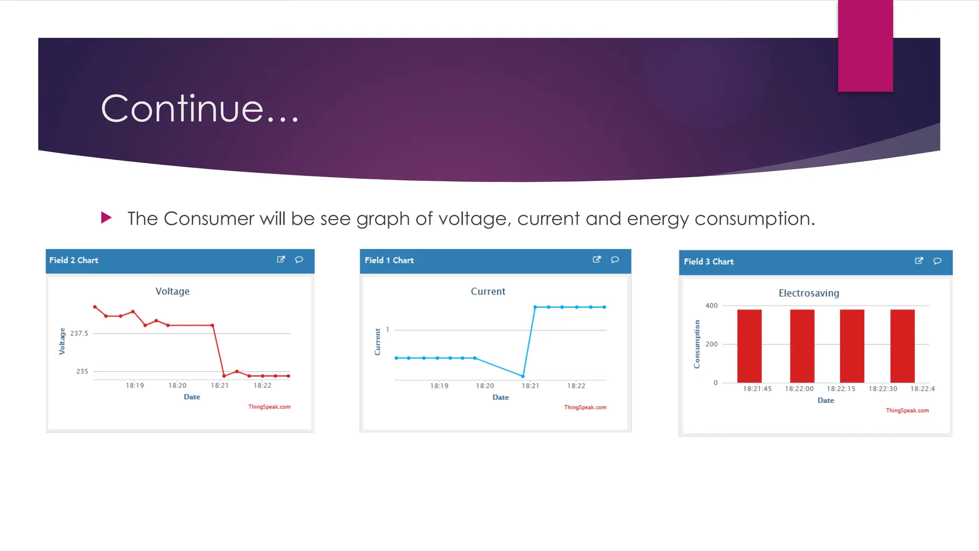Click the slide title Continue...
tap(200, 109)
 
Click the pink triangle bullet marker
tap(106, 218)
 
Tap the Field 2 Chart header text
tap(74, 260)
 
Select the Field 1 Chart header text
tap(389, 260)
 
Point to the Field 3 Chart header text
tap(708, 262)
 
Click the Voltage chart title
tap(172, 291)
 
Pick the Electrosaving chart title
tap(809, 293)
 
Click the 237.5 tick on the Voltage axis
tap(79, 333)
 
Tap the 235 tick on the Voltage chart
tap(82, 371)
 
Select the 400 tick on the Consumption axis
tap(711, 306)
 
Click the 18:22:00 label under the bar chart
tap(799, 389)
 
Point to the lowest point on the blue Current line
tap(523, 376)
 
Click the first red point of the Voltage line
tap(95, 307)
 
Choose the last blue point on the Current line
tap(605, 307)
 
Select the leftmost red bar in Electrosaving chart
tap(750, 346)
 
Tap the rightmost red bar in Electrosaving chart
tap(903, 346)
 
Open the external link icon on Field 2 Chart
tap(281, 260)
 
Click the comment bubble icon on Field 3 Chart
tap(937, 261)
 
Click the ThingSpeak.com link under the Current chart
tap(585, 408)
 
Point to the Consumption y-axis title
tap(697, 344)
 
